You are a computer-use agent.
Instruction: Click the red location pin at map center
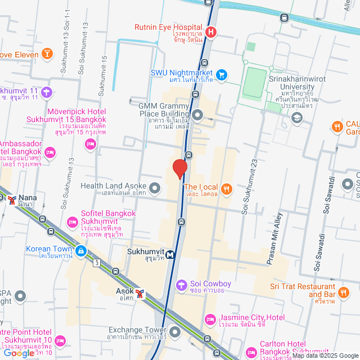coord(179,168)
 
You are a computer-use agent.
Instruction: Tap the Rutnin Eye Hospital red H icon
coord(210,32)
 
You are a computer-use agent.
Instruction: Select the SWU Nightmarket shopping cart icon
coord(222,74)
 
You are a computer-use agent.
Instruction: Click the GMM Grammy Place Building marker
coord(197,115)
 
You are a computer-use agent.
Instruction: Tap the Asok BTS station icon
coord(141,293)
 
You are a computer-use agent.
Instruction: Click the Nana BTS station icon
coord(11,199)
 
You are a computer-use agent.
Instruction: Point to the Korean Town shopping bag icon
coord(81,250)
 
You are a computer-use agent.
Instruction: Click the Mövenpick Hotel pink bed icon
coord(90,145)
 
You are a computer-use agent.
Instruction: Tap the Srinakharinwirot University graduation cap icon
coord(297,118)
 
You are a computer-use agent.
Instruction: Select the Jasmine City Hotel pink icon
coord(210,319)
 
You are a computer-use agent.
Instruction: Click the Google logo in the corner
coord(18,353)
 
